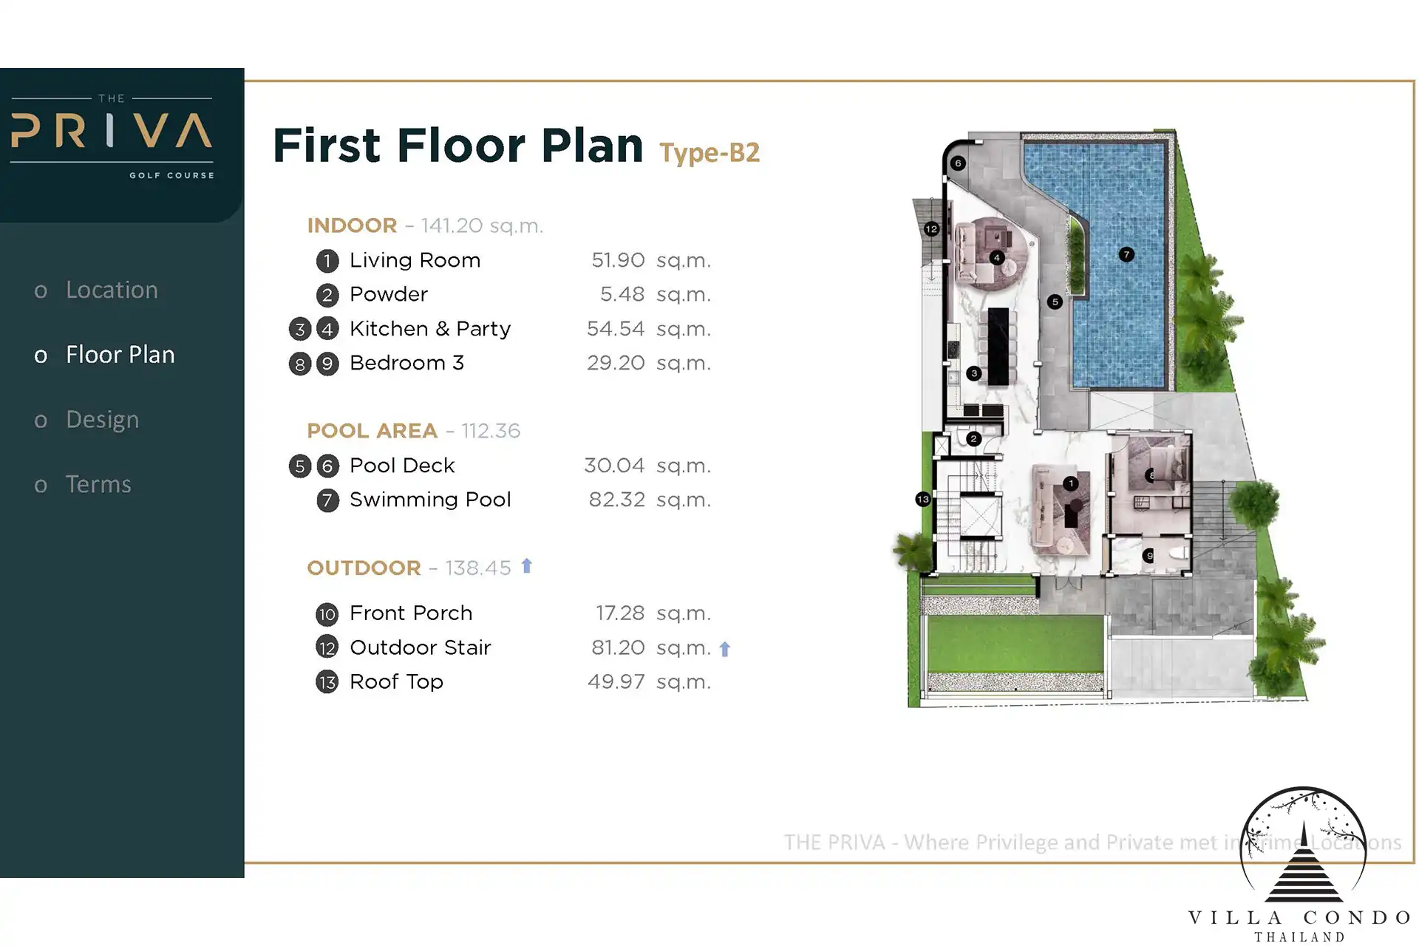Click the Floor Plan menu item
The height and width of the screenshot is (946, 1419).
(120, 355)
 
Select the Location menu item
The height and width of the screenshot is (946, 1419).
(112, 290)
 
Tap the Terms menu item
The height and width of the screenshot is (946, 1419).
(98, 484)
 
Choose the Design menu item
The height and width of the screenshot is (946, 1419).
(102, 420)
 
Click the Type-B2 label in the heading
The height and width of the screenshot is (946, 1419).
(709, 153)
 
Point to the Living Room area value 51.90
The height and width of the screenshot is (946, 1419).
(618, 260)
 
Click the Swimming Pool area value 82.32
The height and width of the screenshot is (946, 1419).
(616, 500)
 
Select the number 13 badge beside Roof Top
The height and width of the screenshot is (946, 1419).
(327, 681)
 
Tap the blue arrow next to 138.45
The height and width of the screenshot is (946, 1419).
(526, 566)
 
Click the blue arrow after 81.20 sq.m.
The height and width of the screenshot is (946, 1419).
(724, 649)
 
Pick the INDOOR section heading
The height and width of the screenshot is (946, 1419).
(352, 225)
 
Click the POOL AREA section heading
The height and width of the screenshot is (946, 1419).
(372, 431)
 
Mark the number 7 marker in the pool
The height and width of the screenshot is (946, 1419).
(1126, 254)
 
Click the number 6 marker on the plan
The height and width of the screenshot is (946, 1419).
(958, 163)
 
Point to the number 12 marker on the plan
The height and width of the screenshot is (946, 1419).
(931, 229)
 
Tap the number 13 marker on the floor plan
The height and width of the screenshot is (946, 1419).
(922, 500)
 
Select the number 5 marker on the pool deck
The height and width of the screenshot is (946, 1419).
(1055, 302)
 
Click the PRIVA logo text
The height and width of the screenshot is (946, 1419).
(112, 131)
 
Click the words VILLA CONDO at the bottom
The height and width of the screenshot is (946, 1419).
(1299, 918)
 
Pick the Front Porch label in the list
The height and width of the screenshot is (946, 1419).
(411, 613)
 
